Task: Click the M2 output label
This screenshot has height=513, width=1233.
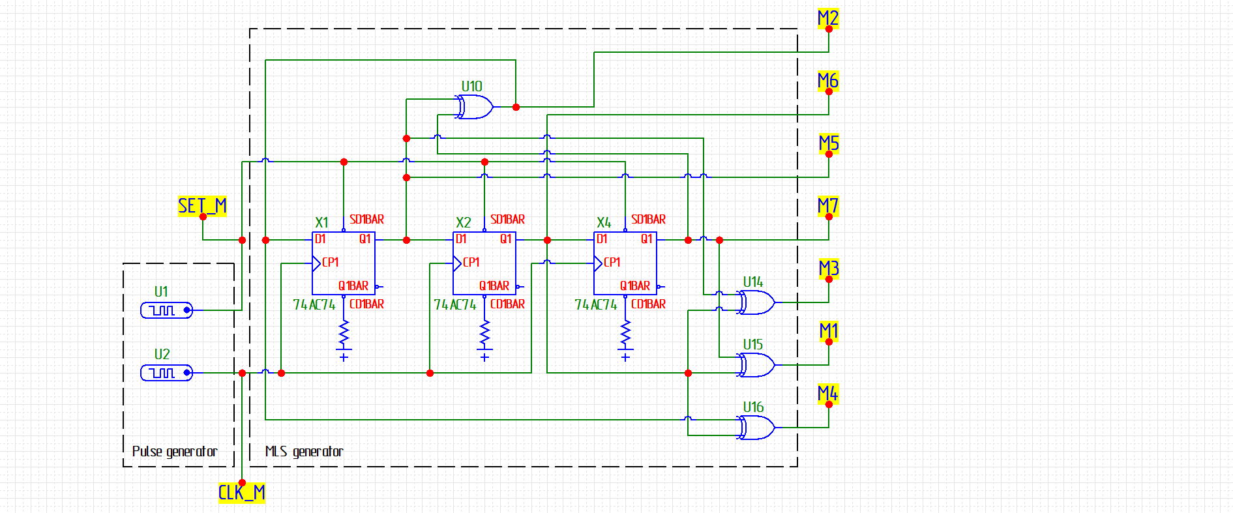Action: [828, 18]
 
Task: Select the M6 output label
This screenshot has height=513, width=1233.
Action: [828, 81]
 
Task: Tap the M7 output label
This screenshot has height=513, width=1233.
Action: [828, 206]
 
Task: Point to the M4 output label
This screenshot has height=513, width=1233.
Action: [828, 394]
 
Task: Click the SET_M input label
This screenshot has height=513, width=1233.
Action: [202, 206]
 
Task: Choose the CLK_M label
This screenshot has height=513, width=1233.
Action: [242, 493]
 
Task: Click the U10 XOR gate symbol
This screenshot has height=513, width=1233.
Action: [474, 107]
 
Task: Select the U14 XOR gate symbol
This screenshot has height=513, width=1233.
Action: [756, 302]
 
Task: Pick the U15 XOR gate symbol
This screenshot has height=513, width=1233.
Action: [756, 365]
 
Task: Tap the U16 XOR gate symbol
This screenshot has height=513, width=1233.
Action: [756, 428]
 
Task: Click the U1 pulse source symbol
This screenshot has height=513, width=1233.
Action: [167, 310]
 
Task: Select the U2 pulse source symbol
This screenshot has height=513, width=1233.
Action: [167, 373]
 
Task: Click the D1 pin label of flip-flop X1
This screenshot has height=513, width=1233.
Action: [320, 239]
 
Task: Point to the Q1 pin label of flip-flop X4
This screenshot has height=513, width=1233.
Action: [647, 239]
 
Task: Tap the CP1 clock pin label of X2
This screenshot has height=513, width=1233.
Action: [471, 262]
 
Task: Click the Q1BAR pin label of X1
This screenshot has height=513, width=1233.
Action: [353, 286]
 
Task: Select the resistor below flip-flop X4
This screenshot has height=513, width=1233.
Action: [625, 334]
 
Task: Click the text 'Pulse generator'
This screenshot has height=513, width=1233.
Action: [175, 451]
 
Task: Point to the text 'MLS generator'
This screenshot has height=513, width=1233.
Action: [304, 451]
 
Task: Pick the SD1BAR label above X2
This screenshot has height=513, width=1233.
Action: [507, 220]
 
